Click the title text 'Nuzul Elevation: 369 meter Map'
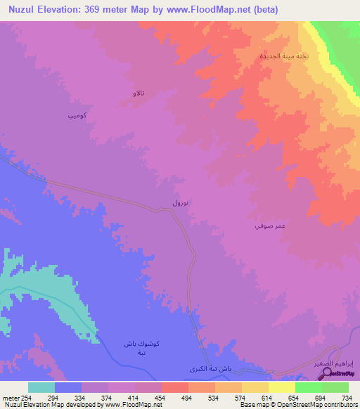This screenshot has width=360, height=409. pyautogui.click(x=91, y=10)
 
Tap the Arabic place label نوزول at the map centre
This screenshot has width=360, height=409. pyautogui.click(x=181, y=202)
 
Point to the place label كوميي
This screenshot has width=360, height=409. pyautogui.click(x=77, y=115)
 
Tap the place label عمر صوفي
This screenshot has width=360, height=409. pyautogui.click(x=269, y=226)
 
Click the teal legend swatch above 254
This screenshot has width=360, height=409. pyautogui.click(x=41, y=387)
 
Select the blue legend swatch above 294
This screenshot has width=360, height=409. pyautogui.click(x=68, y=387)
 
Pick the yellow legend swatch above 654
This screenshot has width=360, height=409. pyautogui.click(x=282, y=387)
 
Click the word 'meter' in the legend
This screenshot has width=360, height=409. pyautogui.click(x=13, y=397)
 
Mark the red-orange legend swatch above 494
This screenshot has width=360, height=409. pyautogui.click(x=175, y=387)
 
